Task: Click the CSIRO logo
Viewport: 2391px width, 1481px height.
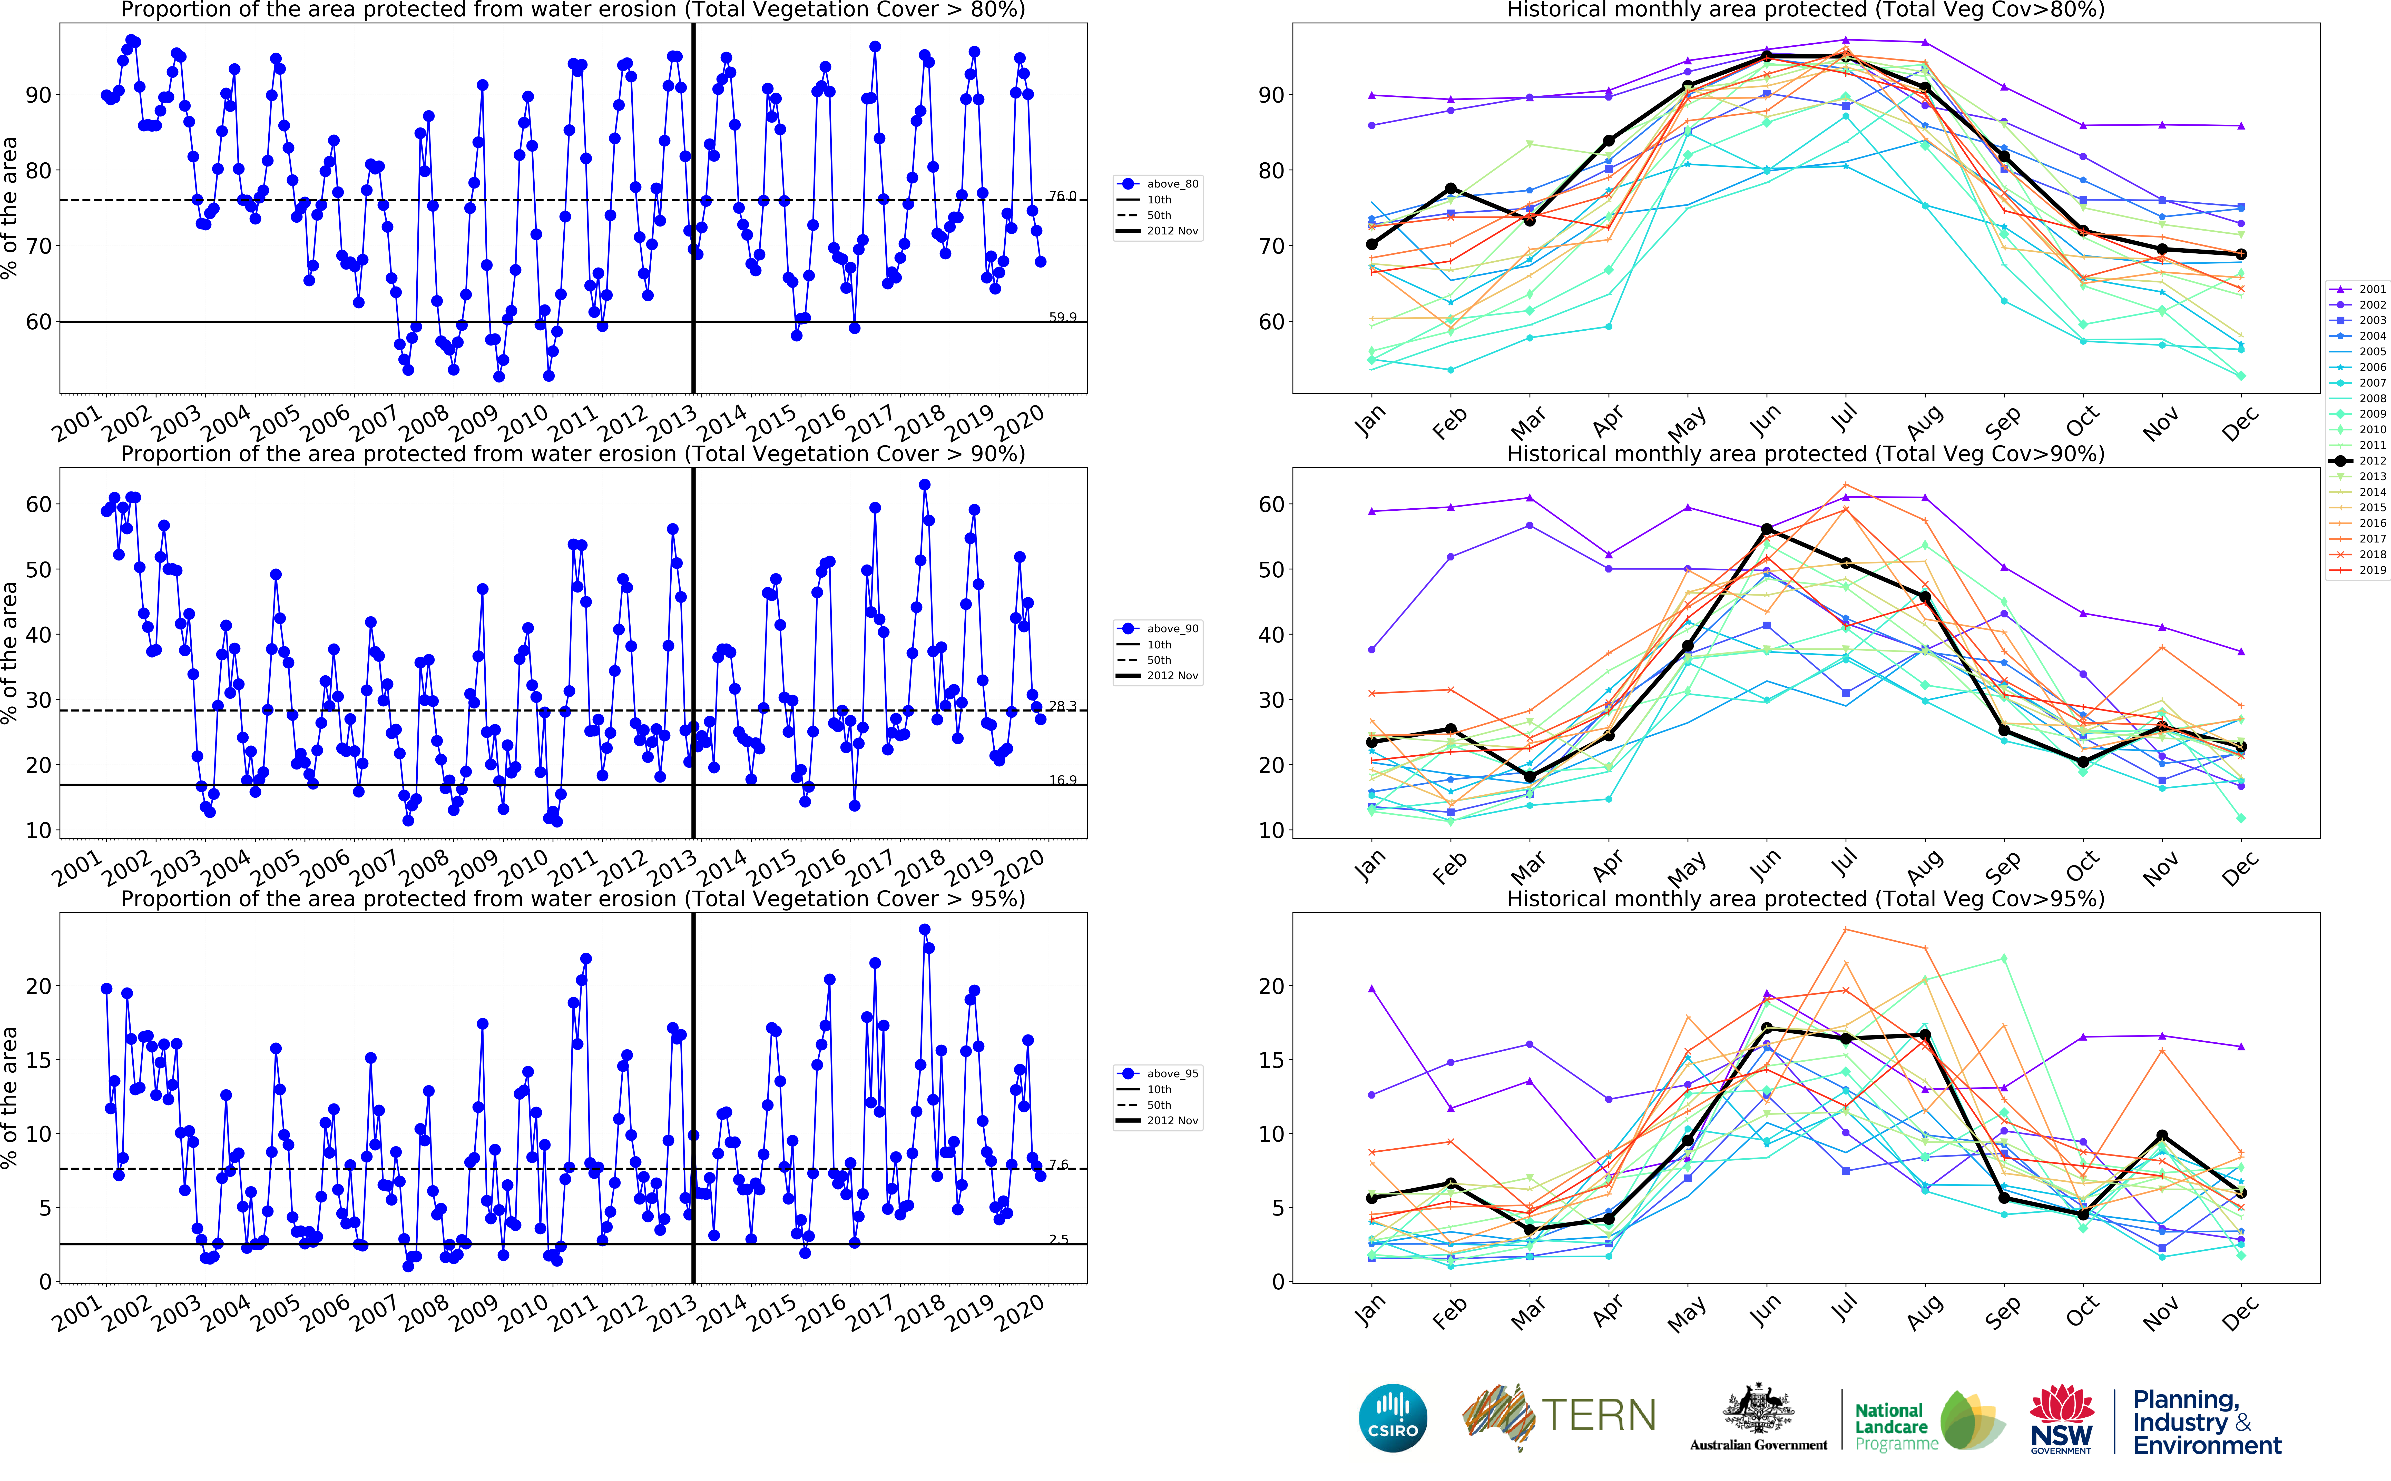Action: coord(1393,1418)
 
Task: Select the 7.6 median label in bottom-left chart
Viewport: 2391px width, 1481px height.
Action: coord(1059,1165)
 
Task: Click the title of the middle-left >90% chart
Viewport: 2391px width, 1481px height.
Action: coord(573,453)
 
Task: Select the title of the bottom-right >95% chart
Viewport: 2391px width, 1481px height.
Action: coord(1805,898)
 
